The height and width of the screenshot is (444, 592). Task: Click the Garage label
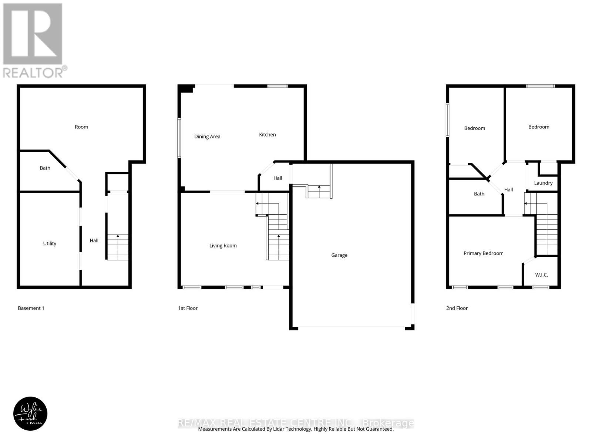tap(339, 255)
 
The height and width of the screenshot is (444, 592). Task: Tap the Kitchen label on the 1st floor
tap(267, 135)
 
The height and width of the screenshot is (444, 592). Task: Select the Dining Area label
tap(207, 137)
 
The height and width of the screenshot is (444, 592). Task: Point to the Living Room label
tap(223, 246)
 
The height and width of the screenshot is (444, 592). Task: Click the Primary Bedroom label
tap(483, 253)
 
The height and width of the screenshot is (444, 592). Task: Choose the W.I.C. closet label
tap(541, 275)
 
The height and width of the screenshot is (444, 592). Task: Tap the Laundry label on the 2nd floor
tap(543, 183)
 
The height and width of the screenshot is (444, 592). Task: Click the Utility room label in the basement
tap(50, 243)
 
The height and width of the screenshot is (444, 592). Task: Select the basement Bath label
tap(45, 168)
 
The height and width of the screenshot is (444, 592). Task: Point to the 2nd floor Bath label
tap(479, 194)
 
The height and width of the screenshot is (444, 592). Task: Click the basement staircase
tap(118, 247)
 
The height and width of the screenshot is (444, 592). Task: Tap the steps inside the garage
tap(319, 192)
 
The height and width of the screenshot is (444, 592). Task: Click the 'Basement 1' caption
tap(31, 308)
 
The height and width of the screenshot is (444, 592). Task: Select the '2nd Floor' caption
tap(457, 308)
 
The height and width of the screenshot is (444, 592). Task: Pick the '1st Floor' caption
tap(188, 308)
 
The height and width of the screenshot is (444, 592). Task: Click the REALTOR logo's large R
tap(33, 34)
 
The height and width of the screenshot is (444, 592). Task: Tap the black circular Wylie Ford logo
tap(30, 414)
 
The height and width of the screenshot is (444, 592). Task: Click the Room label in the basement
tap(81, 127)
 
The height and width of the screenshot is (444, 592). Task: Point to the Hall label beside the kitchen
tap(277, 178)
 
